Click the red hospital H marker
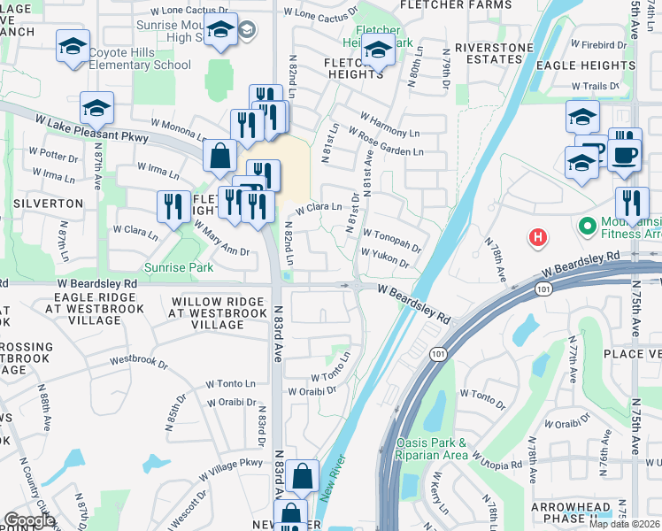[537, 237]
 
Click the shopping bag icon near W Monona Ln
[219, 156]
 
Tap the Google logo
[29, 519]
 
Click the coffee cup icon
[626, 154]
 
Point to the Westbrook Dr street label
[139, 361]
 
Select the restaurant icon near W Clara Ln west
[173, 207]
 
